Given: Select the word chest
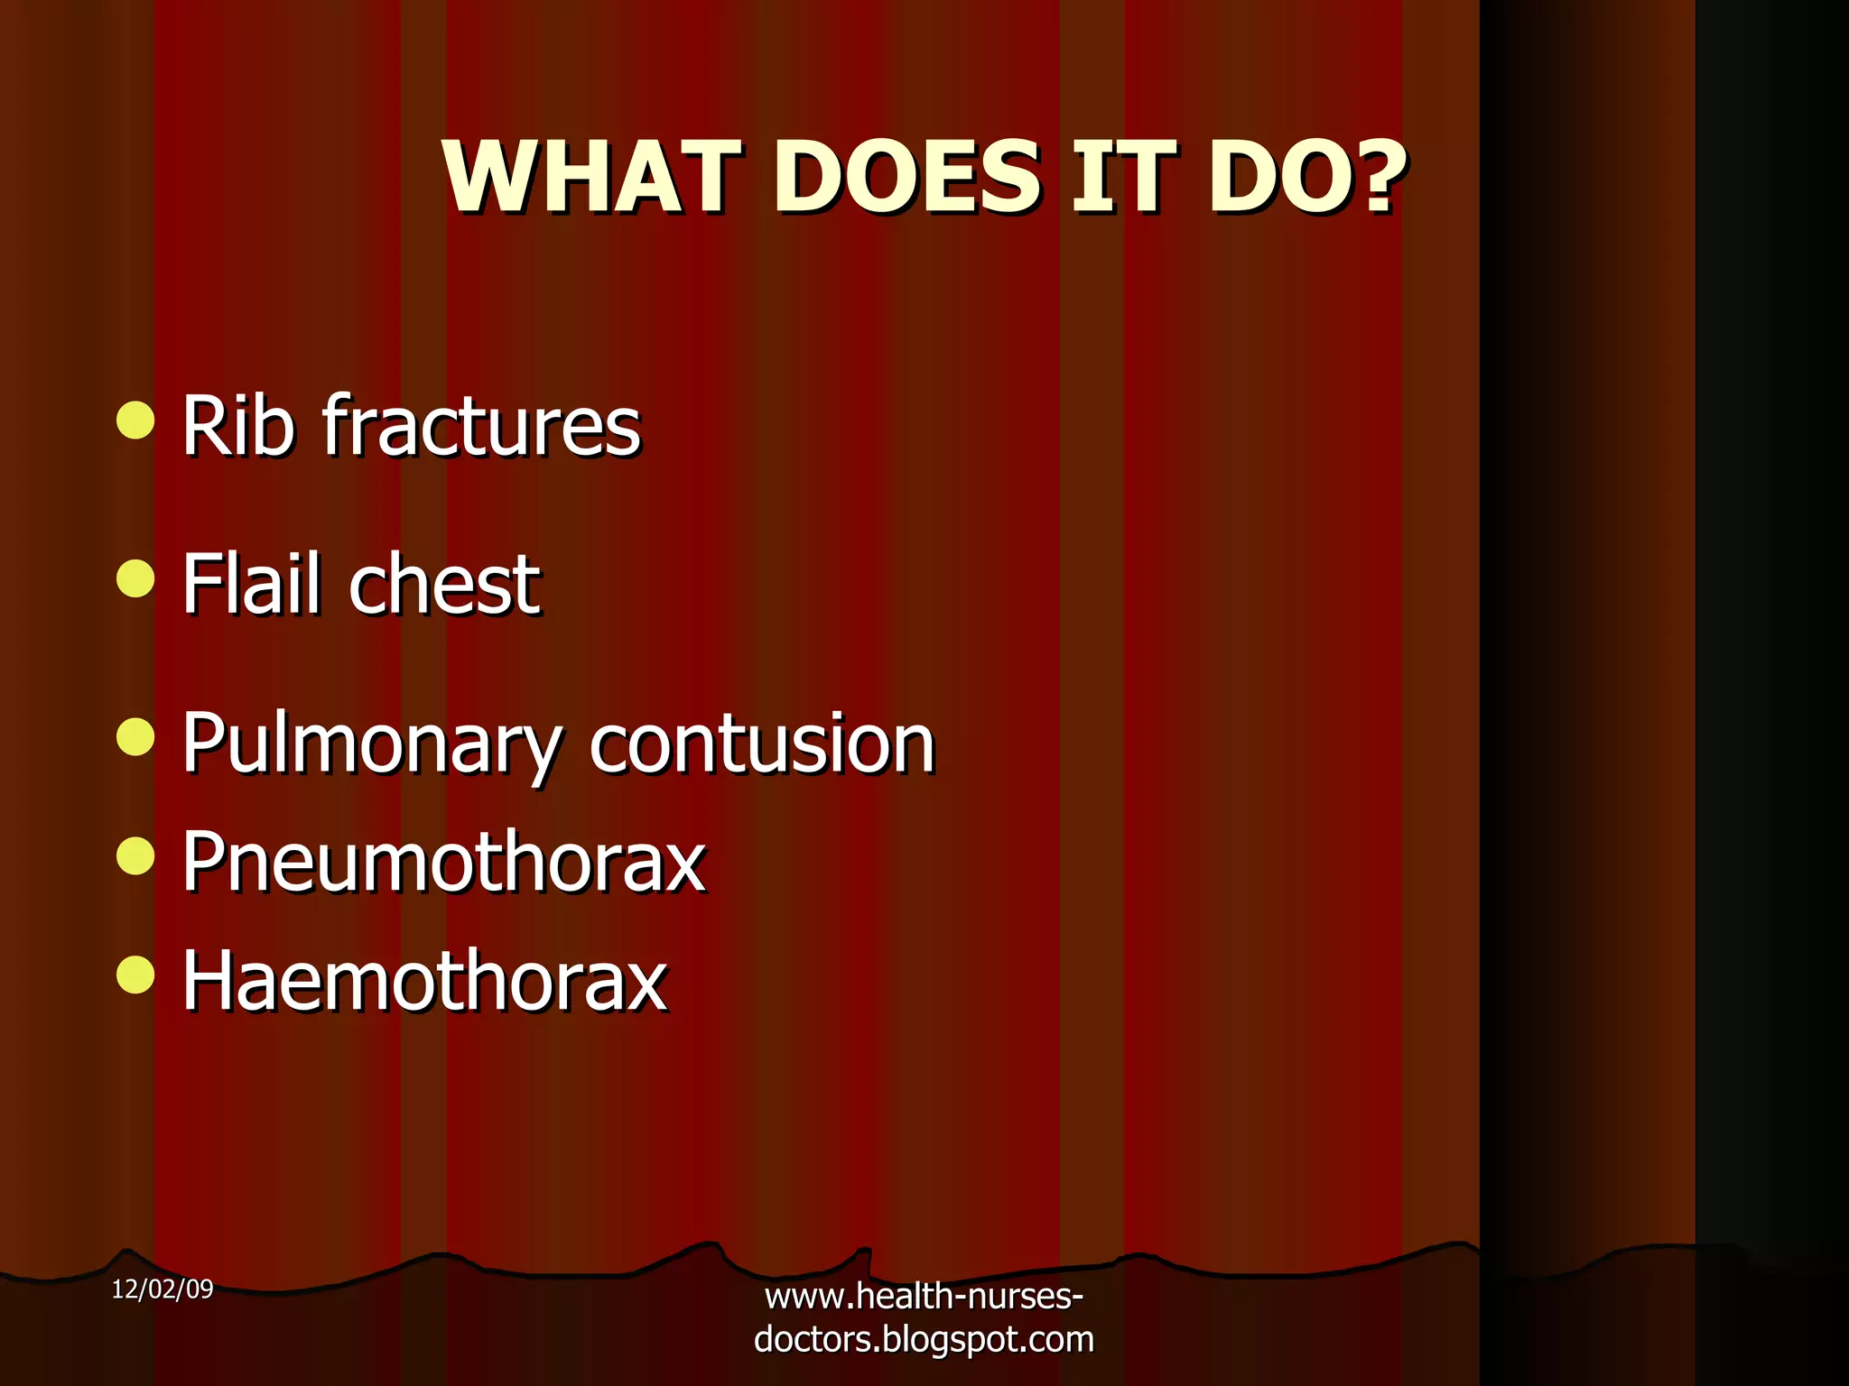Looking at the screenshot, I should (x=444, y=584).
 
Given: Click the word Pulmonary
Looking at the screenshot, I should (x=371, y=744).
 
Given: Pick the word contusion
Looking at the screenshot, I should (x=762, y=744).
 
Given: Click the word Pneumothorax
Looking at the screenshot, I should (x=443, y=862).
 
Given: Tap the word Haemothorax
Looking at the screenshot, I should (x=424, y=981).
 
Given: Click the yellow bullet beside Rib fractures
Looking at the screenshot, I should (x=135, y=420).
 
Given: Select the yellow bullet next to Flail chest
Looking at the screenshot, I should (x=135, y=578).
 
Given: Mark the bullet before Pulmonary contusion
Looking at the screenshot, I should (x=135, y=736).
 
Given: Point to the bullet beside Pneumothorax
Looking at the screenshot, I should (x=135, y=855).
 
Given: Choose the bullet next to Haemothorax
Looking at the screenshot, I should (x=135, y=975).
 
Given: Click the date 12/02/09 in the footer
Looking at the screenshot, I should (x=163, y=1289).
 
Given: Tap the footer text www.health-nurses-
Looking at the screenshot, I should (x=924, y=1298).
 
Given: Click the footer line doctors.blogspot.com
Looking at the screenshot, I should (x=924, y=1340).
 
